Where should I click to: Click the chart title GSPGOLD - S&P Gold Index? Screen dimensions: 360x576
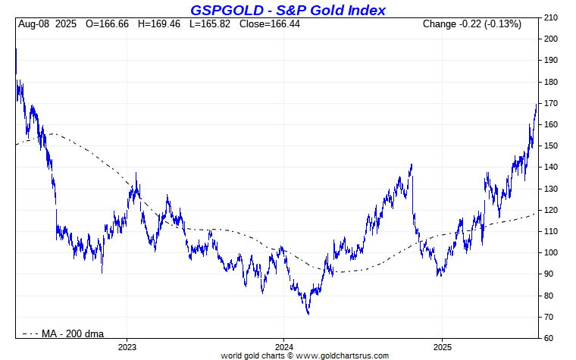[287, 10]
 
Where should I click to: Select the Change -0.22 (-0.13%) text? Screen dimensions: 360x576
[471, 24]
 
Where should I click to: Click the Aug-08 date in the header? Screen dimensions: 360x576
[34, 24]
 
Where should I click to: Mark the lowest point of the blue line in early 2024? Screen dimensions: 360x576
[308, 314]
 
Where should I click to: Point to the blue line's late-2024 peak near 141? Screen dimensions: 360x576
[411, 164]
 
